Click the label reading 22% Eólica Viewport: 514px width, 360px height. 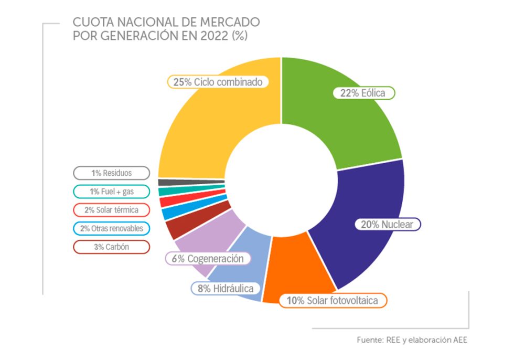pos(363,93)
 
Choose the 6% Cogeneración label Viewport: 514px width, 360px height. pos(208,259)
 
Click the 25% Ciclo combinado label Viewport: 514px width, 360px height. pos(218,82)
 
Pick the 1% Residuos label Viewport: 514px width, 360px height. pos(111,173)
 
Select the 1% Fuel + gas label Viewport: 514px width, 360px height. pos(111,192)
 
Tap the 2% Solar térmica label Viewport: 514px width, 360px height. pos(111,210)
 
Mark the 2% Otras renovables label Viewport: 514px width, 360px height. pos(111,228)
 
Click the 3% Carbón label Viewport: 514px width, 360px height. pos(111,247)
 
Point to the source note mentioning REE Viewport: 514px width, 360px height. pos(412,340)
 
